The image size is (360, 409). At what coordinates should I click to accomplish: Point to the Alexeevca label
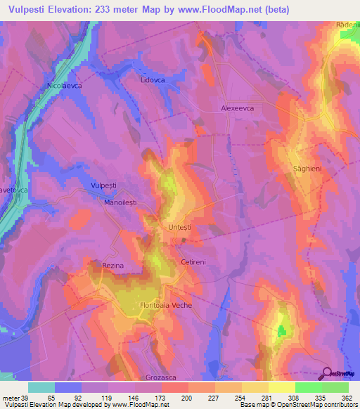pos(238,109)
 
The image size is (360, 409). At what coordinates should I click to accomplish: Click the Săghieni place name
pos(308,169)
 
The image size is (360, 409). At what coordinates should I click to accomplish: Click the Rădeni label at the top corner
pos(348,25)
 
